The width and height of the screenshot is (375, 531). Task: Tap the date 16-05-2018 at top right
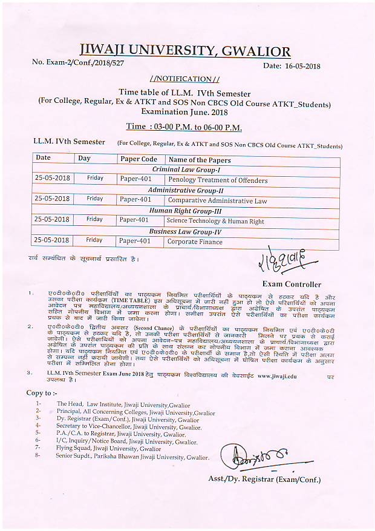click(x=292, y=66)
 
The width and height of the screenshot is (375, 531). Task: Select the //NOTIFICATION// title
click(x=184, y=79)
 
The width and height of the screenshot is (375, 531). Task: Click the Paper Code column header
click(x=139, y=159)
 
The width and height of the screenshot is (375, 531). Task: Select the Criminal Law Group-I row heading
click(x=185, y=170)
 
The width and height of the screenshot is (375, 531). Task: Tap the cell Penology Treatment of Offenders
click(x=218, y=180)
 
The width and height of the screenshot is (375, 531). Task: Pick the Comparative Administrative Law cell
click(x=217, y=200)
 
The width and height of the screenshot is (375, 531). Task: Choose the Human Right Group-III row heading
click(x=185, y=211)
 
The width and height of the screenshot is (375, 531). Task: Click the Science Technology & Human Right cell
click(x=215, y=221)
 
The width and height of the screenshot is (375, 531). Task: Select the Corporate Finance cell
click(x=195, y=242)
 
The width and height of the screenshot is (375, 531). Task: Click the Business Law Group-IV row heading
click(x=185, y=231)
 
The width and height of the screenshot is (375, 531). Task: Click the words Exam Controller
click(x=292, y=284)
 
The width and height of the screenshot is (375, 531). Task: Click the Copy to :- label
click(x=43, y=393)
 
